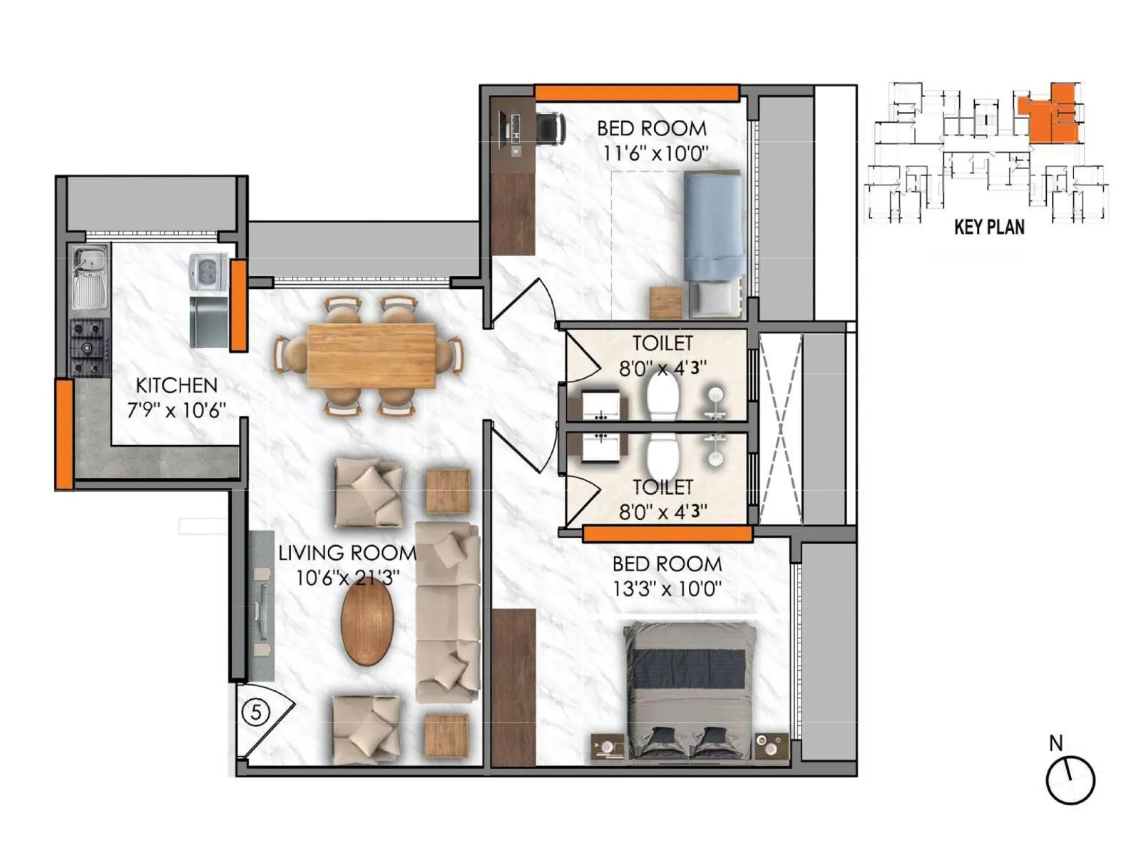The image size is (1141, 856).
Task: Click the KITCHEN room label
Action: click(x=176, y=385)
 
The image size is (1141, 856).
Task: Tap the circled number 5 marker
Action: click(x=256, y=712)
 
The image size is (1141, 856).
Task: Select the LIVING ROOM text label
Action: click(x=347, y=553)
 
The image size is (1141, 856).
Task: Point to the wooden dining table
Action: click(x=372, y=356)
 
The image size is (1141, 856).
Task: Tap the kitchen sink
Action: click(x=90, y=277)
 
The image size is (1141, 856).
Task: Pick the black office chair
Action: click(x=550, y=129)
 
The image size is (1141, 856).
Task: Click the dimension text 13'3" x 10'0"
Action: click(x=667, y=589)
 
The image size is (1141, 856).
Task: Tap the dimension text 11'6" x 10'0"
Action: click(x=655, y=153)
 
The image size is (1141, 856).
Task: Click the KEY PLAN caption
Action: click(x=989, y=228)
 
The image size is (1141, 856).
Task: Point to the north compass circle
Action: click(x=1070, y=780)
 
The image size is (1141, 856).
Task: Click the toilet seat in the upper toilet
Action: click(x=662, y=396)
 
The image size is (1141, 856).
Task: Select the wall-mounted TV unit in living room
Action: click(x=262, y=605)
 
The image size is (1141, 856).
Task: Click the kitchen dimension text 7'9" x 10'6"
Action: click(x=176, y=410)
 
